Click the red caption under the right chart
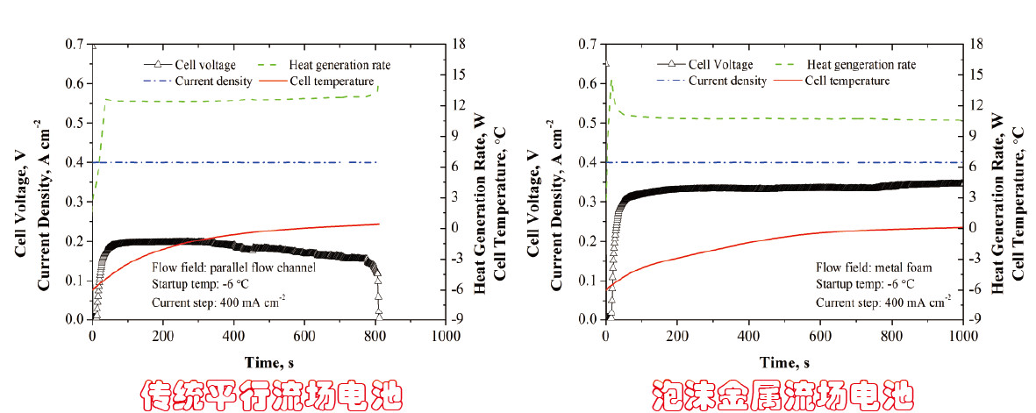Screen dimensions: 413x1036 (784, 394)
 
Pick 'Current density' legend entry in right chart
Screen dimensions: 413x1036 (727, 81)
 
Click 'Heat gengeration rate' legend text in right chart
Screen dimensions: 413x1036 (861, 65)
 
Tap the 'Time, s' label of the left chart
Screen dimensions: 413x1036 (269, 361)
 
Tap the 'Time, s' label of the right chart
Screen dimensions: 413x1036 (784, 361)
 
